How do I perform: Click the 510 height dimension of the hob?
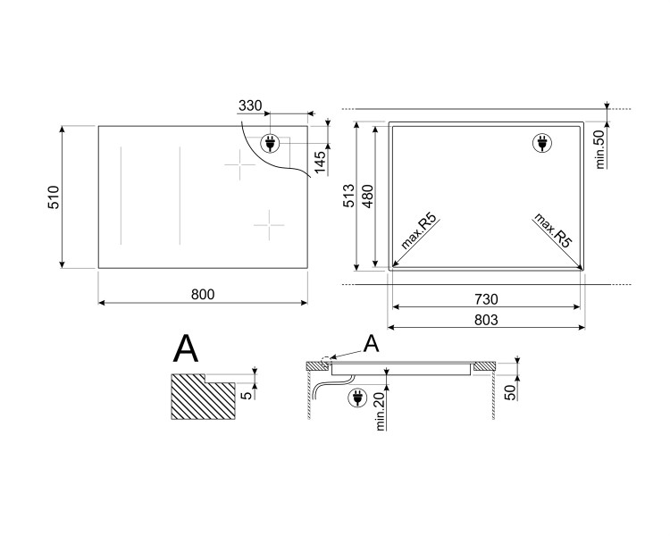pos(53,197)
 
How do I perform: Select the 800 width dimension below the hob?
pos(203,294)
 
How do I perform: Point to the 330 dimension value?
pos(251,106)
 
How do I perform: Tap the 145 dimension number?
pos(321,162)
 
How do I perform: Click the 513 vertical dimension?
pos(350,196)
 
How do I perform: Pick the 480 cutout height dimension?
pos(367,196)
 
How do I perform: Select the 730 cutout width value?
pos(487,298)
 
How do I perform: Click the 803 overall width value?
pos(487,319)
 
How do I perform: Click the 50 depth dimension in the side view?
pos(510,390)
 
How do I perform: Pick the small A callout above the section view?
pos(371,343)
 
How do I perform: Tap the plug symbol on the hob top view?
pos(270,143)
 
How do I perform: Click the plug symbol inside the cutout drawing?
pos(540,142)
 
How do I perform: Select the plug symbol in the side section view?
pos(356,398)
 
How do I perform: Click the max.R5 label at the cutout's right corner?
pos(551,230)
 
